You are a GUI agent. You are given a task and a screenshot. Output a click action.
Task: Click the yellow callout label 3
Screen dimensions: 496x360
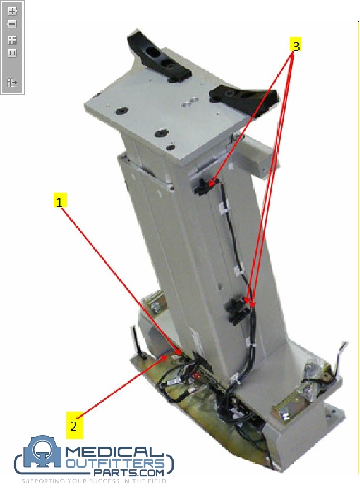(x=296, y=46)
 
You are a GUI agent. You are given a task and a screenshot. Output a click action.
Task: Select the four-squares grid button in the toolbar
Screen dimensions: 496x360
(x=12, y=40)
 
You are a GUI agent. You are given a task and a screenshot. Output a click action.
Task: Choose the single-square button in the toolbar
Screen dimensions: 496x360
(x=12, y=53)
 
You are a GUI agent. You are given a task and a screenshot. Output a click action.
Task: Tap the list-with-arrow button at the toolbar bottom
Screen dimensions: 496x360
(x=12, y=82)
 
